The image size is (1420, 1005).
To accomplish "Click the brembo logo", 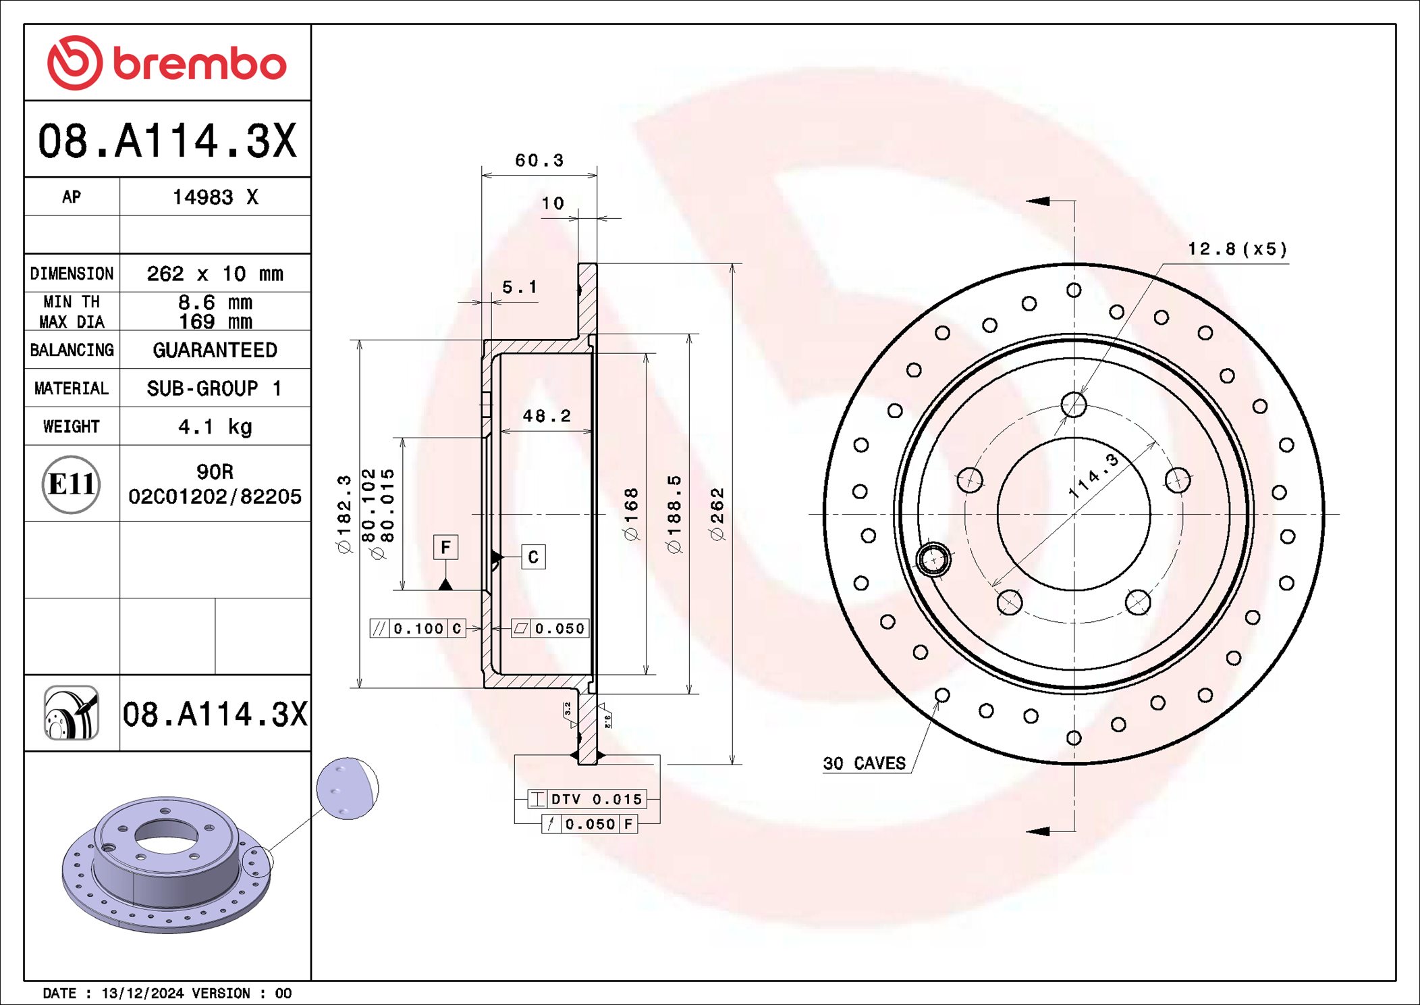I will point(167,63).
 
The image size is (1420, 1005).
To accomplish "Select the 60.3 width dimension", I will point(539,161).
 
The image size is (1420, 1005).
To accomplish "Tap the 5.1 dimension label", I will point(520,287).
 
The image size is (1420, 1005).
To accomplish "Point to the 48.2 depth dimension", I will point(547,416).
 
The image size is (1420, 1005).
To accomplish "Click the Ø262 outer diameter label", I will point(717,513).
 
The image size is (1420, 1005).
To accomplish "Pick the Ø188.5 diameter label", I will point(674,513).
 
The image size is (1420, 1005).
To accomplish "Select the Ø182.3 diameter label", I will point(345,513).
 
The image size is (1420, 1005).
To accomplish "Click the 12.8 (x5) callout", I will point(1237,249).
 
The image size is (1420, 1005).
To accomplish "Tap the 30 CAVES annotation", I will point(864,763).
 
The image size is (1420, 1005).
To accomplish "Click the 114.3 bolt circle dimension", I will point(1093,476).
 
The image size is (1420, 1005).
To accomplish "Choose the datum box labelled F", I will point(445,547).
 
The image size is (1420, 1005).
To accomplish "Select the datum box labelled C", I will point(533,557).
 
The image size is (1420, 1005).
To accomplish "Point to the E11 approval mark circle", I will point(72,484).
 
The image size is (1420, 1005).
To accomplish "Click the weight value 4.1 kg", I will point(215,427).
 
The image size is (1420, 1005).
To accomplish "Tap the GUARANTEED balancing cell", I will point(215,350).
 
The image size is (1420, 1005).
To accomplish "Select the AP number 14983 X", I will point(215,197).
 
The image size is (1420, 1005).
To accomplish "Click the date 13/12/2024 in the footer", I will point(142,993).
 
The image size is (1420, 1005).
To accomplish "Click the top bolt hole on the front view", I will point(1074,405).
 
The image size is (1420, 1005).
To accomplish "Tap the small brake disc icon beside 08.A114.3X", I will point(72,713).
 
